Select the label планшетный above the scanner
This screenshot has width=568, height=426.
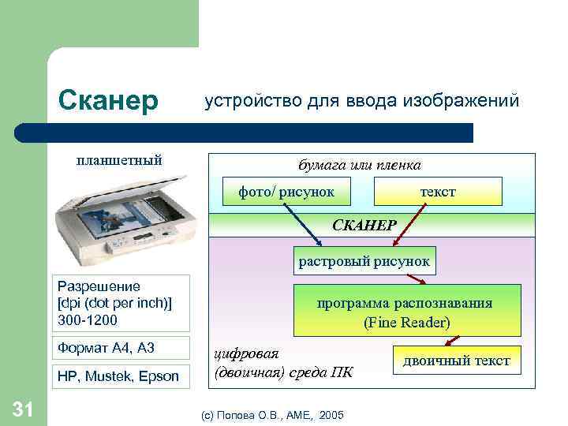pos(119,160)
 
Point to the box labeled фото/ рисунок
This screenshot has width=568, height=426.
pos(286,192)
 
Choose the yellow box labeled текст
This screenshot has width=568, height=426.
pos(437,192)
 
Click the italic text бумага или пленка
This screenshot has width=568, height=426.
pos(359,165)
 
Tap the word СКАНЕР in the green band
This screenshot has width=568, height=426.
pos(364,225)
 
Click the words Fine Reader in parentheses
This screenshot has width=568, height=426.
pos(407,323)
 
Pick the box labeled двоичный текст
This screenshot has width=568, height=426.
pos(457,361)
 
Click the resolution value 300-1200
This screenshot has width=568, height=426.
pos(87,319)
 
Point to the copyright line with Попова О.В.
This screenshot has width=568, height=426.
pos(272,414)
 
